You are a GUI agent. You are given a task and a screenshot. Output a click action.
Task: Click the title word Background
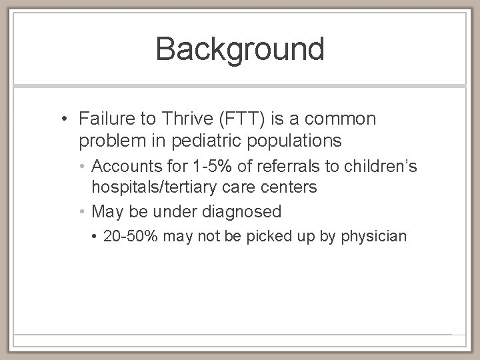point(240,49)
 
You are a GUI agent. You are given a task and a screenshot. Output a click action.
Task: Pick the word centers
point(287,187)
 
